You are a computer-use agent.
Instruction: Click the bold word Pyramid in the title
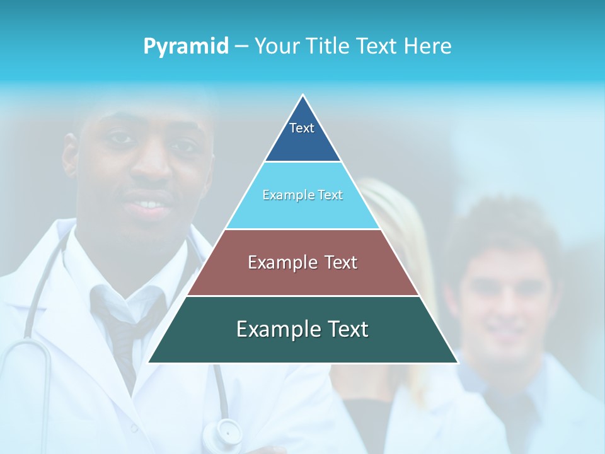[x=186, y=47]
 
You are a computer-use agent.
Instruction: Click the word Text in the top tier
[x=302, y=128]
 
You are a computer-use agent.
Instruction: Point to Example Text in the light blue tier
[x=302, y=195]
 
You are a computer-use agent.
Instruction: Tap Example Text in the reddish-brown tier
[x=302, y=262]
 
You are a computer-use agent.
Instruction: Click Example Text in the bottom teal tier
[x=302, y=329]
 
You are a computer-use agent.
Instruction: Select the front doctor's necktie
[x=126, y=328]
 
